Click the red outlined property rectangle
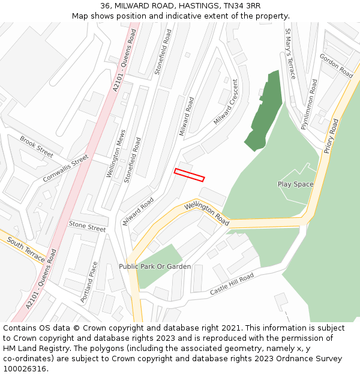click(x=189, y=175)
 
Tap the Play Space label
click(x=295, y=184)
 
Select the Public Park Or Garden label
click(x=155, y=266)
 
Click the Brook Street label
click(x=36, y=143)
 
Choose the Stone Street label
click(x=87, y=226)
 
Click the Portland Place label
click(x=88, y=282)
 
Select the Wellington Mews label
click(x=115, y=154)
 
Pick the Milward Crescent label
click(x=226, y=102)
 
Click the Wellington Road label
click(x=207, y=214)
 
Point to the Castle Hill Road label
click(x=232, y=284)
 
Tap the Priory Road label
click(x=331, y=136)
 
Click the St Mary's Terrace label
click(x=290, y=54)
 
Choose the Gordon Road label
click(x=337, y=65)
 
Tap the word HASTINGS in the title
click(x=196, y=6)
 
